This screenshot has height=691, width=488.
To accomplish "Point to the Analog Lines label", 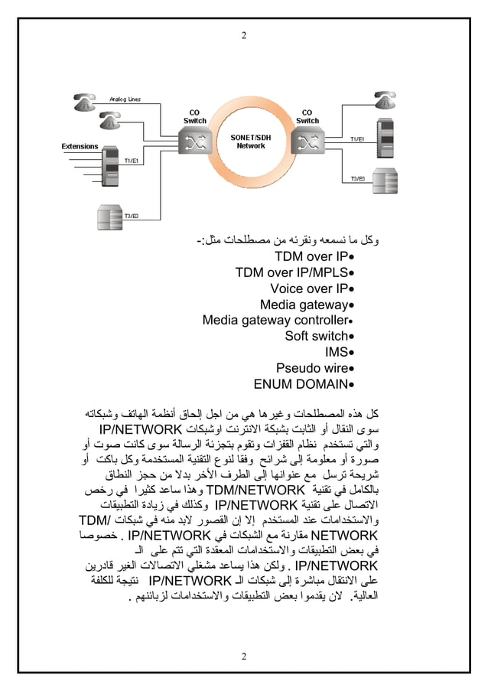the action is [x=125, y=99].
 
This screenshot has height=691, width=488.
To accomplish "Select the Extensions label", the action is [x=80, y=145].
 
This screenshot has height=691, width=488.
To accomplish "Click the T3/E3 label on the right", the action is [x=358, y=178].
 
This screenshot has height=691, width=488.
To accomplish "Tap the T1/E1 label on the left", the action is [x=132, y=161].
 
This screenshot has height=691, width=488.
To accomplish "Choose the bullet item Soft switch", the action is [x=316, y=336].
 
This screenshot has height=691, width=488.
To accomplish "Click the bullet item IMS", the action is [x=336, y=352].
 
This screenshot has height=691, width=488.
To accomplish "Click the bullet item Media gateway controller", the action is [x=273, y=320].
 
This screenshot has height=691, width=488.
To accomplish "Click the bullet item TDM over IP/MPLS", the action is [x=291, y=272].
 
